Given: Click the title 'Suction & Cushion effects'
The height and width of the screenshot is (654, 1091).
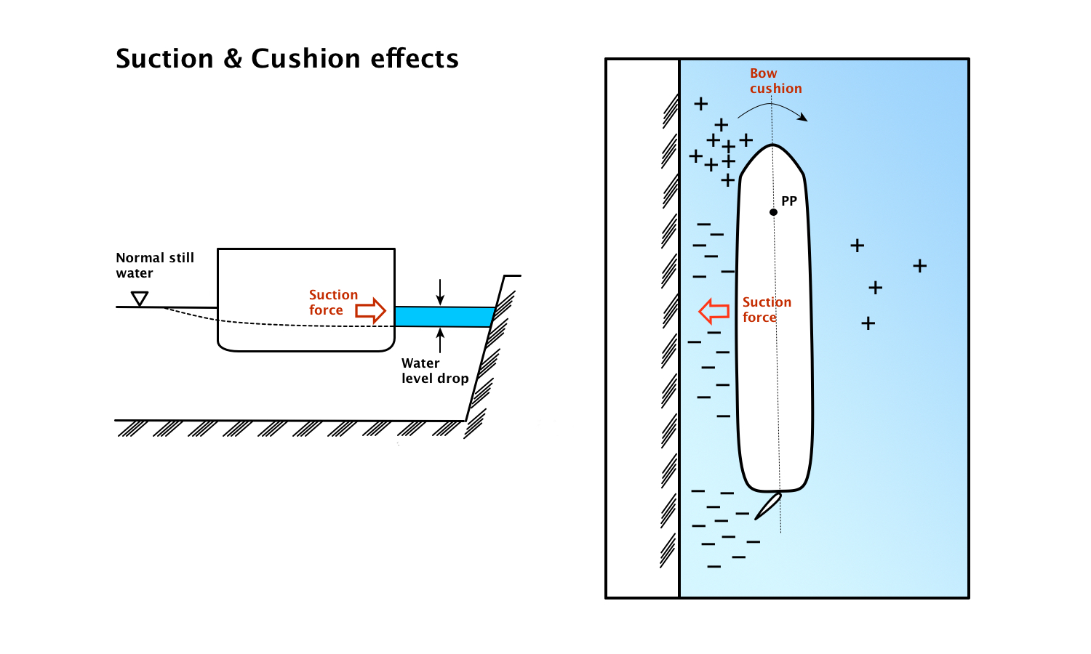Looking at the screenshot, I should pyautogui.click(x=287, y=59).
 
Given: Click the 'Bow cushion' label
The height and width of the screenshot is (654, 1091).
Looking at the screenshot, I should pyautogui.click(x=775, y=81).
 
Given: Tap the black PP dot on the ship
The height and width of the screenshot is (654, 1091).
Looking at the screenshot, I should pyautogui.click(x=773, y=212).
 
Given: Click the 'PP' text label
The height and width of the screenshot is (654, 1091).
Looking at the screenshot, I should pyautogui.click(x=789, y=201).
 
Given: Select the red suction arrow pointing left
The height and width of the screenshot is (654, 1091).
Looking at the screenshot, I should pyautogui.click(x=714, y=311).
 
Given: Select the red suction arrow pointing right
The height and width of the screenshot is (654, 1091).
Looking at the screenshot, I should pyautogui.click(x=370, y=310).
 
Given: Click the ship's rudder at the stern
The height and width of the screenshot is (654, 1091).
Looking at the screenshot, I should pyautogui.click(x=768, y=506).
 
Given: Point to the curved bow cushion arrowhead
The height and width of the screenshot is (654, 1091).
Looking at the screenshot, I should pyautogui.click(x=802, y=117).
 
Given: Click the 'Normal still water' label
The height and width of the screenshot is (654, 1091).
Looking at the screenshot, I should pyautogui.click(x=155, y=265).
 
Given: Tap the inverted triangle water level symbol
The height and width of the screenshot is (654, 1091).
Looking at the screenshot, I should pyautogui.click(x=140, y=299).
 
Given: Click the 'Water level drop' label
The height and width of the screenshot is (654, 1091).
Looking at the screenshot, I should pyautogui.click(x=435, y=371).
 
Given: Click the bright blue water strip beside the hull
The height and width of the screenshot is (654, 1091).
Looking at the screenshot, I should pyautogui.click(x=444, y=317).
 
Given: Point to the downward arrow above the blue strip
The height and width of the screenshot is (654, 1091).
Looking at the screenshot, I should pyautogui.click(x=440, y=293).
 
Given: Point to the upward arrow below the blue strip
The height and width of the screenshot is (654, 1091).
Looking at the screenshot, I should pyautogui.click(x=440, y=340).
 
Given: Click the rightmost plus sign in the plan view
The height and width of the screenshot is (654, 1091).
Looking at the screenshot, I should pyautogui.click(x=920, y=266).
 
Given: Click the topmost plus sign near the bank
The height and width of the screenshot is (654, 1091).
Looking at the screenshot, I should pyautogui.click(x=700, y=104).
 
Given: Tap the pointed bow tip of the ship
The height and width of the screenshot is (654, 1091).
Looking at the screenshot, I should pyautogui.click(x=772, y=145).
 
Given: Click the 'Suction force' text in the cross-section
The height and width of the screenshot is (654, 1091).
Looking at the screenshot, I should pyautogui.click(x=333, y=302).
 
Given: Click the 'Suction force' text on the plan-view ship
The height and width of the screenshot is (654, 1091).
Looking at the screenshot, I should pyautogui.click(x=767, y=310).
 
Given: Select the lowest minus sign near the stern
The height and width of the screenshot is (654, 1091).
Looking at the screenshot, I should pyautogui.click(x=714, y=566).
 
